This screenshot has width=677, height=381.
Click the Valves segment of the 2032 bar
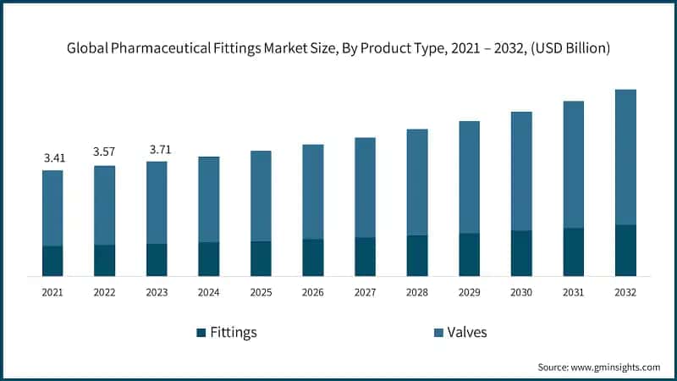click(x=625, y=157)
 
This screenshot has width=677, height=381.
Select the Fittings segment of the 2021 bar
click(x=52, y=261)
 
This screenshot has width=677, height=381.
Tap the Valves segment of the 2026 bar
click(x=313, y=191)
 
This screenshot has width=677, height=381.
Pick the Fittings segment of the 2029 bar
click(x=470, y=254)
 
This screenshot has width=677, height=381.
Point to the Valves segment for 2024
click(x=209, y=199)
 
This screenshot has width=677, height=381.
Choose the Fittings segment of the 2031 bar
click(x=574, y=251)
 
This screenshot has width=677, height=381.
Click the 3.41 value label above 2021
click(x=52, y=157)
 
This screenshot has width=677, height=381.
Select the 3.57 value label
click(x=105, y=152)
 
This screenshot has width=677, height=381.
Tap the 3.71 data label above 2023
click(x=157, y=149)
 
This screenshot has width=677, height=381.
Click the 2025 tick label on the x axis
click(x=261, y=292)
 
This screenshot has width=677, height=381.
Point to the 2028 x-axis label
click(x=417, y=292)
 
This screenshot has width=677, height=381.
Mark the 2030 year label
click(x=521, y=292)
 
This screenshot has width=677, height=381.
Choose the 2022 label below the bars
click(x=105, y=292)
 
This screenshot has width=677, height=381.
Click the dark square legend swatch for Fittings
click(x=201, y=333)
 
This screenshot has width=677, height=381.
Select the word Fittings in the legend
click(x=234, y=333)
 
